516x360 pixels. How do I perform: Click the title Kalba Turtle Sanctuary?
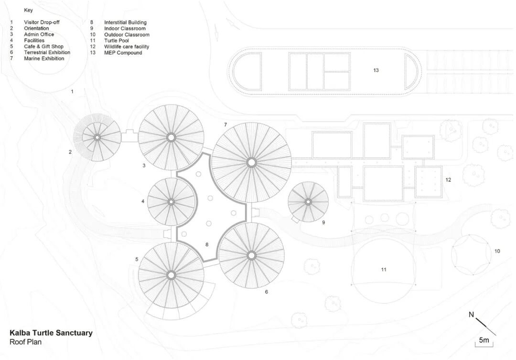[x=51, y=333]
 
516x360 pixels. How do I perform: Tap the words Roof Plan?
[x=25, y=342]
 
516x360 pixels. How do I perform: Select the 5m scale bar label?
[x=484, y=340]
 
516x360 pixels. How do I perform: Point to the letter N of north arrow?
[x=471, y=314]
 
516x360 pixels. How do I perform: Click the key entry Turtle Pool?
[x=117, y=41]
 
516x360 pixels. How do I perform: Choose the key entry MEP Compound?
[x=123, y=53]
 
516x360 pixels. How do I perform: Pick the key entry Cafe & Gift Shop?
[x=43, y=47]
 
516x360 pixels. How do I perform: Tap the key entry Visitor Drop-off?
[x=42, y=22]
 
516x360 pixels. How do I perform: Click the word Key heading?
[x=28, y=10]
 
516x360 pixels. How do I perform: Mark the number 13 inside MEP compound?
[x=376, y=70]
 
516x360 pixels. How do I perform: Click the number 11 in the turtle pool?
[x=384, y=270]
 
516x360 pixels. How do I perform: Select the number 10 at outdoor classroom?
[x=497, y=251]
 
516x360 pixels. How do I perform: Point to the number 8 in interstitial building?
[x=207, y=244]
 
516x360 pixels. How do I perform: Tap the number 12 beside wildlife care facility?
[x=448, y=180]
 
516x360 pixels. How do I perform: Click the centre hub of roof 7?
[x=251, y=163]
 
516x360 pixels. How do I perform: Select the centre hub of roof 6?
[x=251, y=255]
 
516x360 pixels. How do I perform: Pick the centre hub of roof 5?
[x=171, y=275]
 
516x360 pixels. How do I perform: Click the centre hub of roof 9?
[x=308, y=202]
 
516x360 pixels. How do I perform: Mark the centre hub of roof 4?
[x=171, y=202]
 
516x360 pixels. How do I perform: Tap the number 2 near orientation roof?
[x=70, y=152]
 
